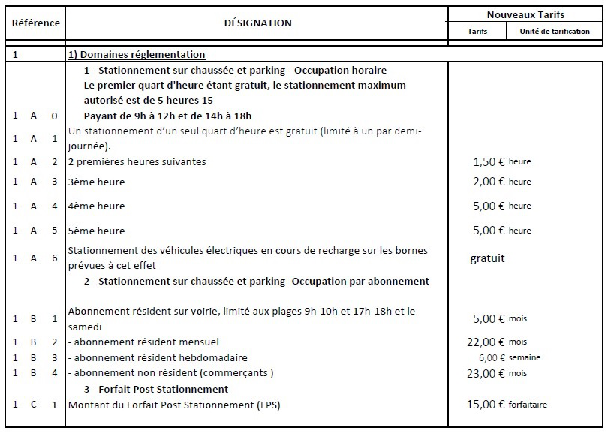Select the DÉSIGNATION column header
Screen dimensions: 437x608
pos(257,23)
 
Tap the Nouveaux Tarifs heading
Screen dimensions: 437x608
pos(525,14)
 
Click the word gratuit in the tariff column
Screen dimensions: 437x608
pos(487,258)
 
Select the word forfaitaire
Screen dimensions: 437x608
pos(528,405)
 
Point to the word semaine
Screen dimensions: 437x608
pos(524,357)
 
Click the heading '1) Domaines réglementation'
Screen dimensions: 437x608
pos(137,55)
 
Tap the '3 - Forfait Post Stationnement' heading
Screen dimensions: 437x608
pos(156,389)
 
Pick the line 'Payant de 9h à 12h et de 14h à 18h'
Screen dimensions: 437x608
pos(167,116)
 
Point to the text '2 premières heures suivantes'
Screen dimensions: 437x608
pos(137,161)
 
